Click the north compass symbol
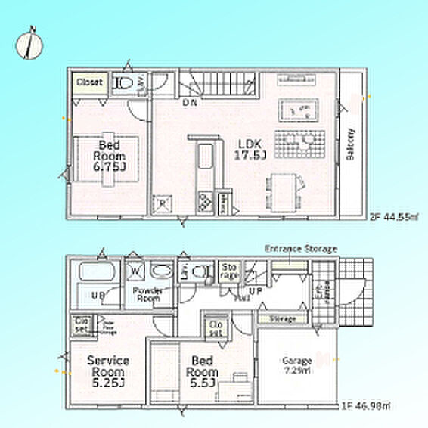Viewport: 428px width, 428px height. coord(29,45)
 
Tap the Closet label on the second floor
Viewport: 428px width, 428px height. coord(89,81)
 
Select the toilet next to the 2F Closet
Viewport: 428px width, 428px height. coord(126,82)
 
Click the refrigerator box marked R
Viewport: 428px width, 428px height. coord(162,202)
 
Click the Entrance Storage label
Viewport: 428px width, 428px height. coord(301,249)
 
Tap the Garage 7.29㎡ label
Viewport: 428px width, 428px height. coord(296,365)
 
